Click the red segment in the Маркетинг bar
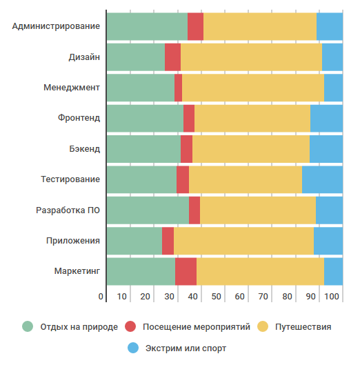(186, 271)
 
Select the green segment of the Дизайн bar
(136, 57)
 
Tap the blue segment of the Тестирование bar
(322, 179)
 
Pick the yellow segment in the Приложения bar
(243, 241)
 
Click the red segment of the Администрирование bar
(195, 26)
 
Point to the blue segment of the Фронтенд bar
(326, 118)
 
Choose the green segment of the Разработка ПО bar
(148, 210)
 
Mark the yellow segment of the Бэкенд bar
(251, 148)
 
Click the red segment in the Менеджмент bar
(178, 88)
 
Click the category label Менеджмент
(72, 88)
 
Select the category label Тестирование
(70, 179)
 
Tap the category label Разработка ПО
(68, 210)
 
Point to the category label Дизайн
(84, 57)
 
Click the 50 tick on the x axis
(216, 297)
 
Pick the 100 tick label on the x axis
(331, 297)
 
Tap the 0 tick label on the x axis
(101, 297)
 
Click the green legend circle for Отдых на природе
(28, 326)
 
